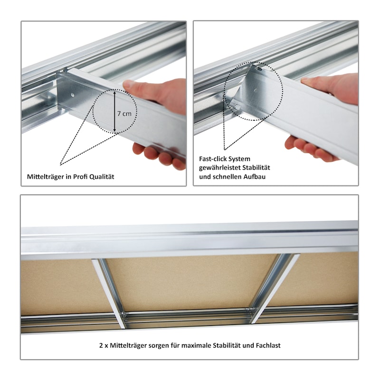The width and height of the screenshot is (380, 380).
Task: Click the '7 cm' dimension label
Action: point(124,114)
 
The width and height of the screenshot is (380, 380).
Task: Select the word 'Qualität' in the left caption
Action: point(102,177)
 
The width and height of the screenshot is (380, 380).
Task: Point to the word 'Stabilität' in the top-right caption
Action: point(256,168)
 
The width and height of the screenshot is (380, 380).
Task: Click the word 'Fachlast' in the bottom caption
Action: point(268,345)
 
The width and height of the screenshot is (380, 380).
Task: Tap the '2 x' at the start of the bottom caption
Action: point(104,345)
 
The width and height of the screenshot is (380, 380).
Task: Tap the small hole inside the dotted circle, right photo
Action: point(256,91)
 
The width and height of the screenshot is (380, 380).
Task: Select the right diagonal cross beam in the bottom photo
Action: point(275,288)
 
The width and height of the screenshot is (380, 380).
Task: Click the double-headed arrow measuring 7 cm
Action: point(115,112)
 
